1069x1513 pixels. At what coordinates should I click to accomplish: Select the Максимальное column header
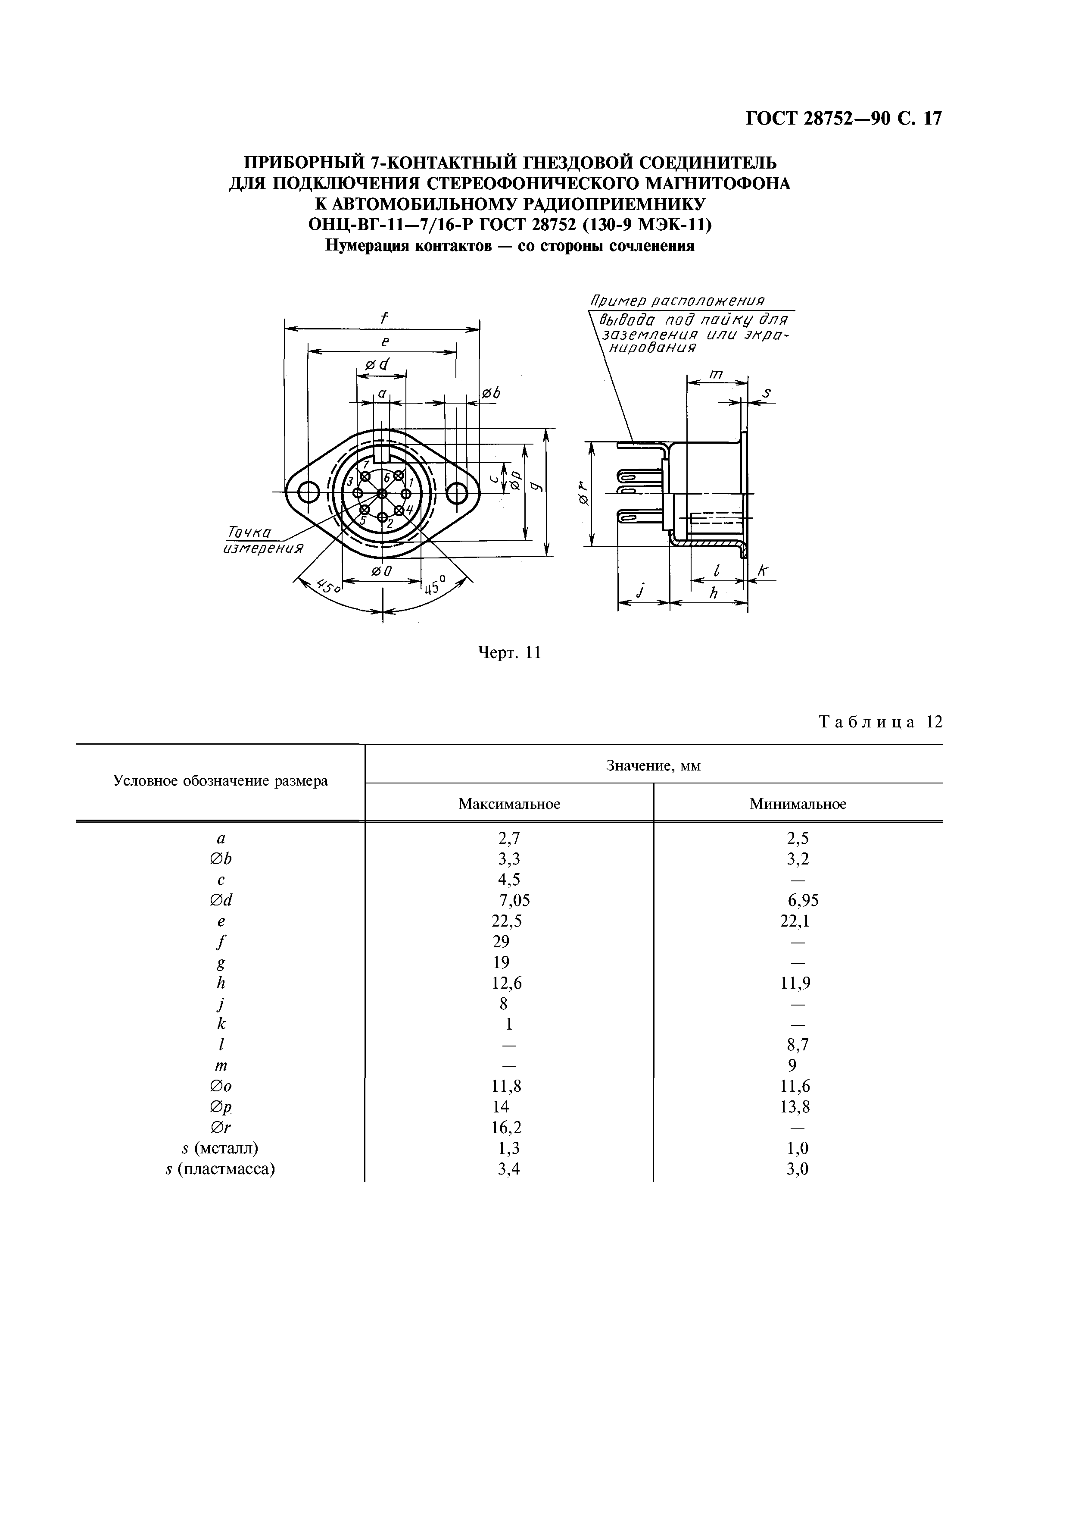(x=509, y=804)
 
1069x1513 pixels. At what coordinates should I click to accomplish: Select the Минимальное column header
(x=798, y=804)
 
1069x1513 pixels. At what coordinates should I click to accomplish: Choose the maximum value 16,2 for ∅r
(x=507, y=1128)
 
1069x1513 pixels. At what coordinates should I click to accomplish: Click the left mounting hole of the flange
(x=308, y=492)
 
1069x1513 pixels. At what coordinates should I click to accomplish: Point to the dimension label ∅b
(x=491, y=393)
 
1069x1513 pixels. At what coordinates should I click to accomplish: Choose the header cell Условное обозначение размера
(x=221, y=782)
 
